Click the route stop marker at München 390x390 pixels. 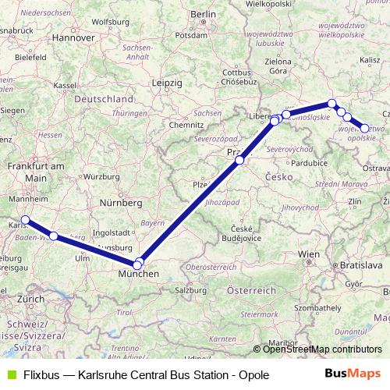click(x=139, y=264)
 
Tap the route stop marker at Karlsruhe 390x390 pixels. click(x=25, y=198)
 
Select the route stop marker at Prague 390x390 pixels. click(x=240, y=161)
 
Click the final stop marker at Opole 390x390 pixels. click(x=364, y=129)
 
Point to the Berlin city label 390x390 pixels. click(x=203, y=14)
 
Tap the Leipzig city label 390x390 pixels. click(x=167, y=82)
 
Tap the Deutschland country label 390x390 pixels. click(x=103, y=100)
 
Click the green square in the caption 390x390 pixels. click(x=10, y=375)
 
